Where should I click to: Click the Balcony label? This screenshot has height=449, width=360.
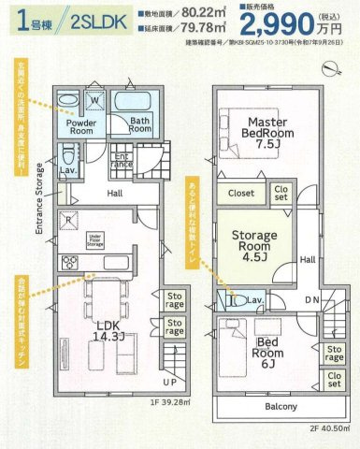(x=280, y=407)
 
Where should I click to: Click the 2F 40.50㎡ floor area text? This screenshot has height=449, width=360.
(x=331, y=428)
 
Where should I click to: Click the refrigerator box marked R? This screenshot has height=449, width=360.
(x=71, y=223)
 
